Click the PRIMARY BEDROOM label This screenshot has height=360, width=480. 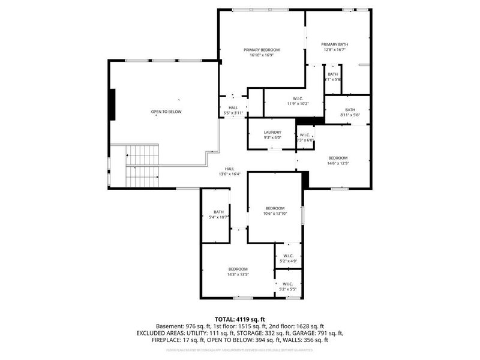[x=261, y=50]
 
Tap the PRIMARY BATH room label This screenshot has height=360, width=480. [x=334, y=44]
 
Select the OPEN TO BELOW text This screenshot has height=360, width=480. [x=166, y=112]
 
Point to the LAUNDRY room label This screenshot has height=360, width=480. [x=272, y=132]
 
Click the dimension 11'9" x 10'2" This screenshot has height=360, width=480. [x=298, y=104]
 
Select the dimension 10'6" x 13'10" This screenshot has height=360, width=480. [x=275, y=214]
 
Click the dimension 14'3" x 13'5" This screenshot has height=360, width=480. [x=238, y=274]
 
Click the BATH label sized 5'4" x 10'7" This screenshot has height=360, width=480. [x=218, y=212]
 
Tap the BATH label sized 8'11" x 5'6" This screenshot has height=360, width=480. [x=350, y=109]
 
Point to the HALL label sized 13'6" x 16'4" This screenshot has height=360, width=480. [x=229, y=169]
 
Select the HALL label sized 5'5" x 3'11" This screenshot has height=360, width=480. [x=233, y=107]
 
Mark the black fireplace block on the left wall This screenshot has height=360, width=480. [x=112, y=104]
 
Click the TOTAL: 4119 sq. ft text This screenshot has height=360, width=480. [x=239, y=319]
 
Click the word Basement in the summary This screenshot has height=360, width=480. [x=169, y=326]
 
